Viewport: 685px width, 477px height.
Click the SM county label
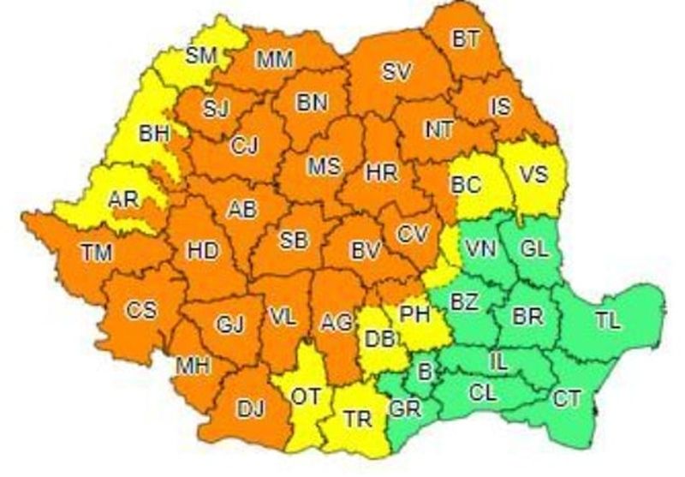[x=202, y=57]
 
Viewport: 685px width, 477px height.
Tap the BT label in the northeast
[x=467, y=38]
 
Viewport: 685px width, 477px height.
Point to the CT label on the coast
[x=566, y=397]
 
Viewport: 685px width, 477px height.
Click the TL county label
[x=608, y=321]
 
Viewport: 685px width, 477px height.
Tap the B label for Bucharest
[x=423, y=370]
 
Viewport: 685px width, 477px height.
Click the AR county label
[x=124, y=200]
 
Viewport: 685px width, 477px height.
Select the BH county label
[x=155, y=134]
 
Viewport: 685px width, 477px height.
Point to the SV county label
[x=396, y=73]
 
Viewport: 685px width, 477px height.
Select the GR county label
[x=405, y=409]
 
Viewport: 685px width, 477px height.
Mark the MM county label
[x=275, y=59]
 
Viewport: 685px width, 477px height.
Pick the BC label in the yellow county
[x=466, y=184]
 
